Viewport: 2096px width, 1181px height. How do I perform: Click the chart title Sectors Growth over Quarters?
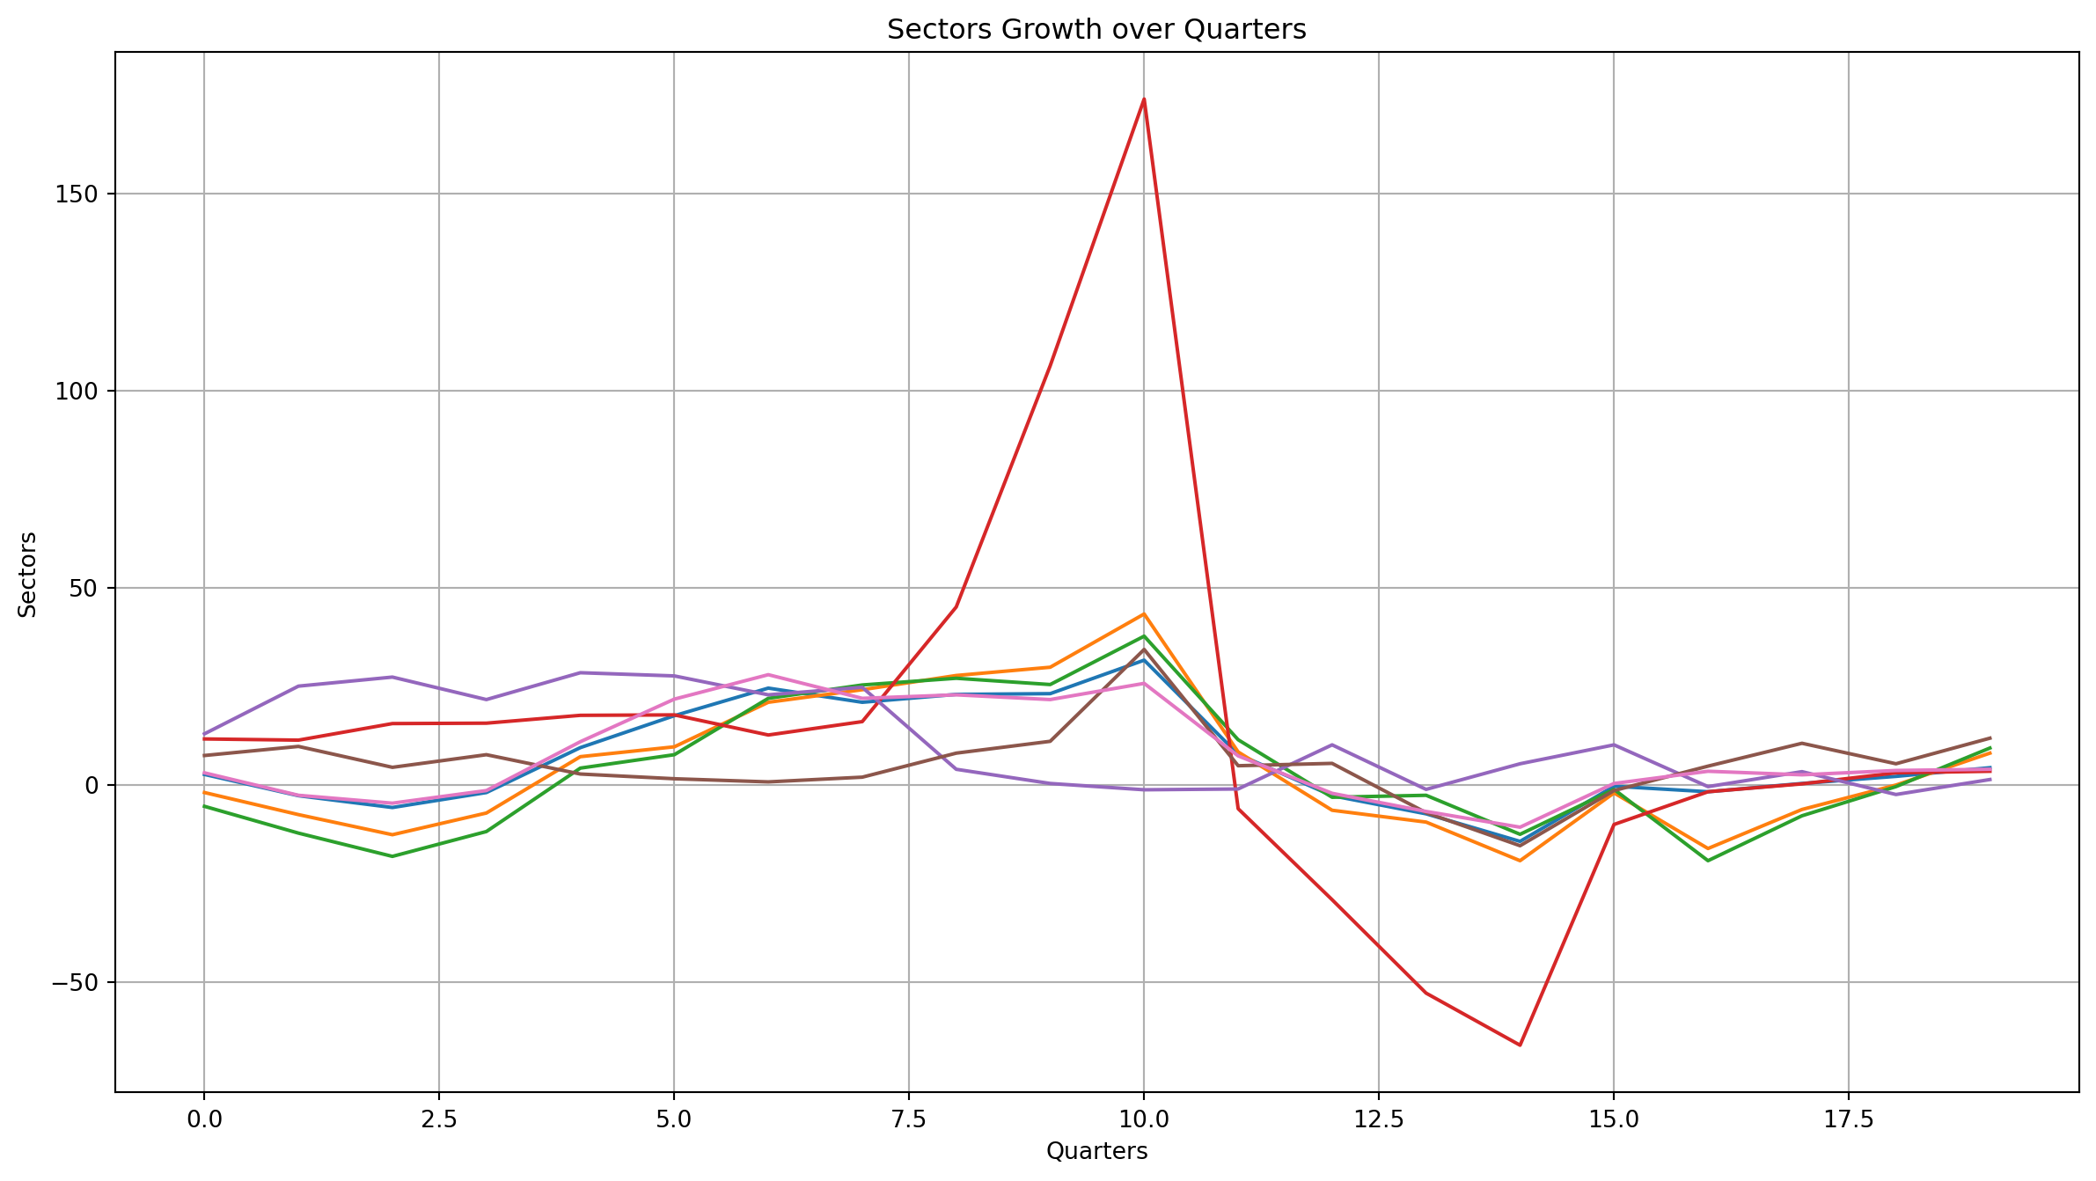point(1096,30)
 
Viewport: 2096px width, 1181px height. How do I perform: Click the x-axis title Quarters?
point(1096,1151)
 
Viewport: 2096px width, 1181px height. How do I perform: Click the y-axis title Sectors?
point(28,574)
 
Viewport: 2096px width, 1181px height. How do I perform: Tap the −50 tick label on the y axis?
point(76,982)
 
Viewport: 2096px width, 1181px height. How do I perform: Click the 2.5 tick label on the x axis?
point(438,1119)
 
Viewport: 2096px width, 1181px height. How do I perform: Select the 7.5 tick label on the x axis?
point(908,1119)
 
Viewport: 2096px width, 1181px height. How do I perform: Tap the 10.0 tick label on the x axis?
point(1143,1119)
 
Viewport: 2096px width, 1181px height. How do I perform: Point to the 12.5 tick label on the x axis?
point(1378,1119)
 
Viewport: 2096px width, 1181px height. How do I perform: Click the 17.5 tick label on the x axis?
point(1848,1119)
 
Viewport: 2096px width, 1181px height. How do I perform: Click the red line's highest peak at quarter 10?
point(1144,99)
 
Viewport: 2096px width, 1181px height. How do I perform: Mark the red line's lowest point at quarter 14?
point(1520,1045)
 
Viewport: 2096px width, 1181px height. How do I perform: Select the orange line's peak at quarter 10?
point(1144,613)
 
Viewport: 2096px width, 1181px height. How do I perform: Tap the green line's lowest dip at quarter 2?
point(392,856)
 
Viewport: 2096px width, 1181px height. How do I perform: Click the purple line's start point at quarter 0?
point(204,734)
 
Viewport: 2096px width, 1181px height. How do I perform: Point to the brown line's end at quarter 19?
point(1990,737)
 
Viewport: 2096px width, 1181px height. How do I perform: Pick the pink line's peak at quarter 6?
point(768,674)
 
